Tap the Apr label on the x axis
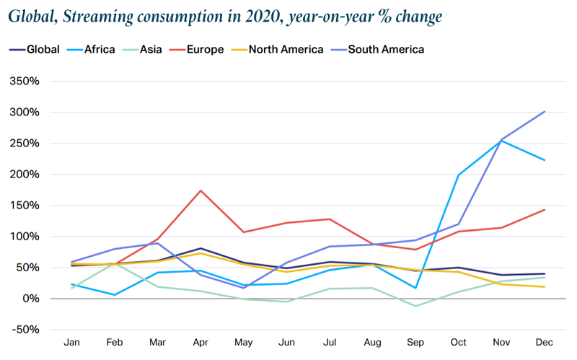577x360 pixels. pos(201,341)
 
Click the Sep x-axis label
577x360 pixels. pos(415,341)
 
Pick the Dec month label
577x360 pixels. pos(544,341)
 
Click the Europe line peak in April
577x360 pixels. pos(201,190)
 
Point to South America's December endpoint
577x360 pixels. pos(544,112)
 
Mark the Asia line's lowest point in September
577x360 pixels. pos(415,306)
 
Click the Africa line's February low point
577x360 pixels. pos(115,295)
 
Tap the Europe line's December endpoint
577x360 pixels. pos(544,210)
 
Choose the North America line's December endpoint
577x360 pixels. pos(544,287)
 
